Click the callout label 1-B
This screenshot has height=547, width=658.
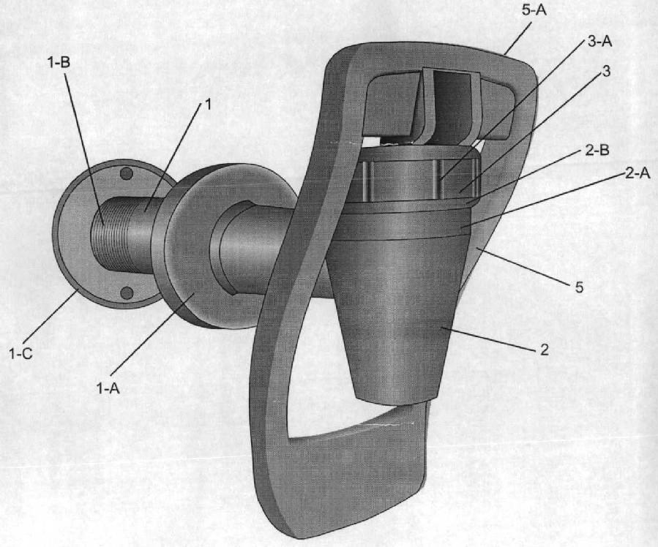tap(59, 62)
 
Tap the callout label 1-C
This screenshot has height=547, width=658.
tap(20, 354)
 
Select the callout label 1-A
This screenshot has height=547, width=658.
tap(108, 388)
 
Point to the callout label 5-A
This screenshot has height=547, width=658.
tap(534, 10)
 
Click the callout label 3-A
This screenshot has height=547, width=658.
tap(599, 42)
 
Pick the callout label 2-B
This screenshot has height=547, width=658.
tap(597, 150)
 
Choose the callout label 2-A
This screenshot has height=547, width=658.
tap(638, 173)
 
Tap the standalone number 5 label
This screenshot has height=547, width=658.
tap(579, 287)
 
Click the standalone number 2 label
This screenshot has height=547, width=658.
tap(545, 349)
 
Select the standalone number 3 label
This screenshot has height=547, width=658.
tap(606, 72)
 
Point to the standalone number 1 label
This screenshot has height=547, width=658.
tap(207, 105)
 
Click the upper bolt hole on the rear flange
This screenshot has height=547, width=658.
tap(127, 173)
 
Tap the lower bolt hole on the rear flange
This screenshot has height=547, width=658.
tap(127, 293)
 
